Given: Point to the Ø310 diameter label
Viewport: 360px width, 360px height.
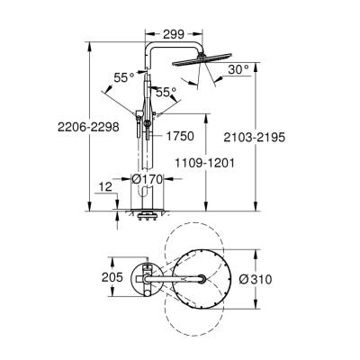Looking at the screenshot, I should point(257,279).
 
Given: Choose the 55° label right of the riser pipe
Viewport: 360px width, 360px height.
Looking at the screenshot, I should point(164,92).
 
